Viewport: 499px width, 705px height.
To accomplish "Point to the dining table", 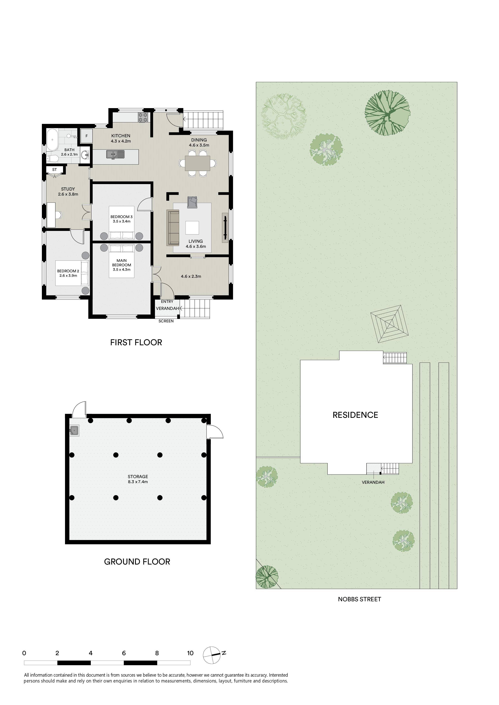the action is coord(197,163).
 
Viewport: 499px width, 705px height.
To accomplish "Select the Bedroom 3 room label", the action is coord(121,219).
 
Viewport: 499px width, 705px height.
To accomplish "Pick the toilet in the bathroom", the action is coord(53,158).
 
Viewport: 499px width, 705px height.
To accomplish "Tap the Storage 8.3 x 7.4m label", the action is coord(138,479).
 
